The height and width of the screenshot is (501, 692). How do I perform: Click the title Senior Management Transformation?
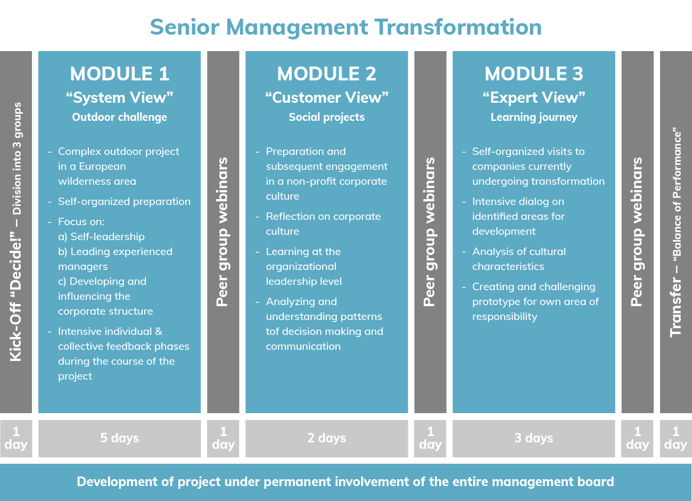[x=345, y=27]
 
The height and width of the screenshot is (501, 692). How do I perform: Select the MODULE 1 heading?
[x=120, y=73]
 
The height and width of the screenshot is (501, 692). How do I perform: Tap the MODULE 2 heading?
[x=326, y=73]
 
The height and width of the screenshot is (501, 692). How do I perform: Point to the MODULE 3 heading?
[x=534, y=73]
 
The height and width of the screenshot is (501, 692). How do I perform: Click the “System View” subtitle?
[x=120, y=97]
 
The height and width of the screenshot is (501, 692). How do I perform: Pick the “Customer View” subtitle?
[x=326, y=97]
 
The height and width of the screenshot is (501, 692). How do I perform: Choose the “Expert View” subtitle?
[x=534, y=97]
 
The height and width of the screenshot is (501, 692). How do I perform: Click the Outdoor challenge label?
[x=120, y=117]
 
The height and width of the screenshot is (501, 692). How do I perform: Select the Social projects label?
[x=326, y=117]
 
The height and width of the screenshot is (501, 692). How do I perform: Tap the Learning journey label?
[x=534, y=117]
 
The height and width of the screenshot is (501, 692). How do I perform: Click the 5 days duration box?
[x=120, y=438]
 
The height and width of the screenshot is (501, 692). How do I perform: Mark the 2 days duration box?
[x=326, y=438]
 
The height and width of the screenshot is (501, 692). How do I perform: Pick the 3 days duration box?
[x=534, y=438]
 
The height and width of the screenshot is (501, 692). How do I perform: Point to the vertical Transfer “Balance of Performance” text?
[x=675, y=232]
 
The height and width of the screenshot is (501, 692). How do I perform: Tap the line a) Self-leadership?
[x=101, y=236]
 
